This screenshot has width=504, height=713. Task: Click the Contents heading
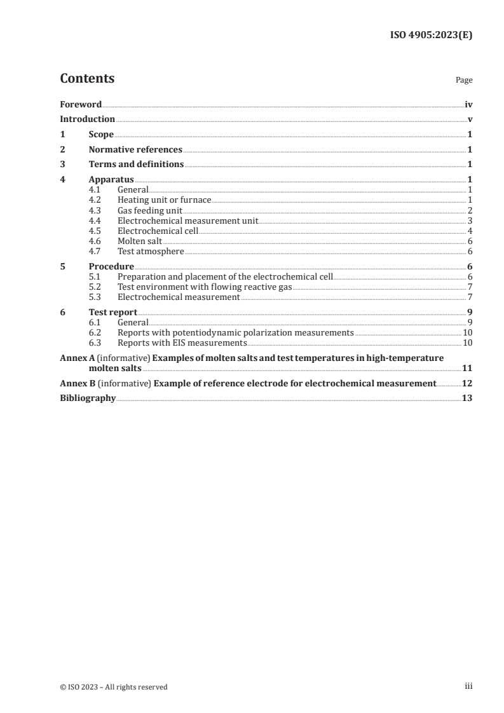click(87, 79)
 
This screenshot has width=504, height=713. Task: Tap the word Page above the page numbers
click(464, 81)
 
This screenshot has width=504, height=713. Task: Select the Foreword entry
click(81, 104)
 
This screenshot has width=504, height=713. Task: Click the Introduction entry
click(87, 119)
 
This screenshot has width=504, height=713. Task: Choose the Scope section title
click(101, 134)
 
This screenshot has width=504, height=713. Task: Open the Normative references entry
click(135, 149)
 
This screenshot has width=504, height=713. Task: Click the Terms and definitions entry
click(136, 165)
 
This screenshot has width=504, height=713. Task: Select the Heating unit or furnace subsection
click(164, 200)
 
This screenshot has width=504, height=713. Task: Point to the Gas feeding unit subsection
click(150, 210)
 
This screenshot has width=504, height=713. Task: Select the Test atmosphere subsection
click(151, 251)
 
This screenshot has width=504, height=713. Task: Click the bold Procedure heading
click(111, 266)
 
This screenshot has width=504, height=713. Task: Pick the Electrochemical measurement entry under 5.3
click(179, 297)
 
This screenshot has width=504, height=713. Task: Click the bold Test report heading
click(113, 312)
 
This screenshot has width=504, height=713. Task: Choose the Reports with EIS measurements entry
click(182, 343)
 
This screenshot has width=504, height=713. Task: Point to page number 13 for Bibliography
click(467, 398)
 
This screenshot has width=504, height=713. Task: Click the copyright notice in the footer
click(114, 686)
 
